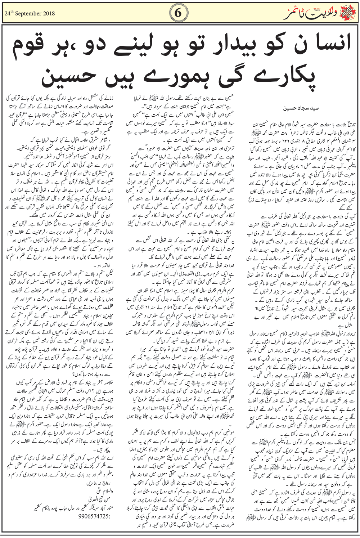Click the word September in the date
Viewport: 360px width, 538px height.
click(31, 14)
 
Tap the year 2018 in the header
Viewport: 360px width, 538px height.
click(49, 14)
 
